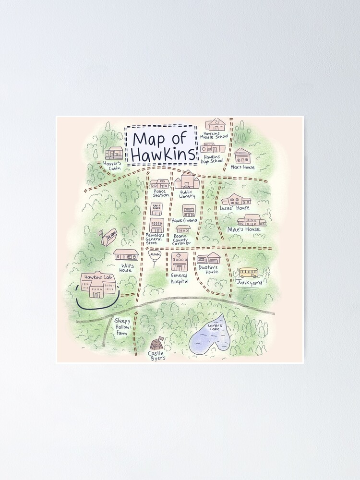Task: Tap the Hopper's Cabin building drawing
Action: [114, 153]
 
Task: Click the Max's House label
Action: [242, 167]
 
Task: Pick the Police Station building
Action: [160, 184]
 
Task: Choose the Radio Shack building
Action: [156, 209]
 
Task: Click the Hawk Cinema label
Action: [184, 220]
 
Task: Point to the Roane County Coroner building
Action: [183, 229]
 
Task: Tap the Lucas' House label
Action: [235, 208]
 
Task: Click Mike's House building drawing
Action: [252, 220]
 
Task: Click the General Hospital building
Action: [180, 262]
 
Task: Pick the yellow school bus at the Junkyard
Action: [249, 273]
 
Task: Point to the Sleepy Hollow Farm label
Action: [122, 327]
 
